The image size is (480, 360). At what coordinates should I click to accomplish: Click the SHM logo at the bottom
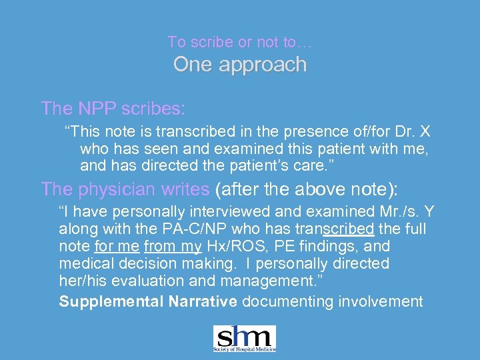point(244,339)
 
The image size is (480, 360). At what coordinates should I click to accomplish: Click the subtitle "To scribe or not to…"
point(239,42)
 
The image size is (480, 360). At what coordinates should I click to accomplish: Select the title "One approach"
point(240,65)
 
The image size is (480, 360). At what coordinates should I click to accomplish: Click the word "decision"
point(144,264)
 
